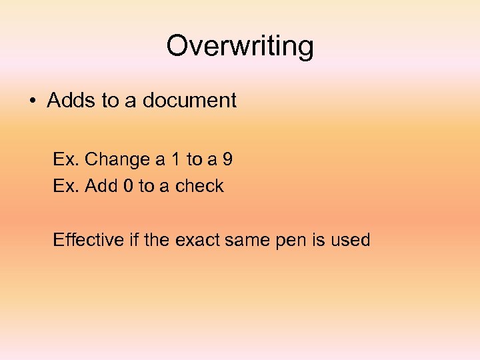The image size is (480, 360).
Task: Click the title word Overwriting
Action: pyautogui.click(x=239, y=47)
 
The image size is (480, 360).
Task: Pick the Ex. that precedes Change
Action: pyautogui.click(x=67, y=160)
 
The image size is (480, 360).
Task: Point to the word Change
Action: pyautogui.click(x=118, y=160)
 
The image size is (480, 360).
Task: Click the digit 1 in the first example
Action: pyautogui.click(x=174, y=160)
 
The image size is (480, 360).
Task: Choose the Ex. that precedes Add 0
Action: pyautogui.click(x=67, y=186)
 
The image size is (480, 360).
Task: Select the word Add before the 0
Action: pyautogui.click(x=102, y=186)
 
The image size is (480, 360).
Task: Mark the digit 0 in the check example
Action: pyautogui.click(x=129, y=186)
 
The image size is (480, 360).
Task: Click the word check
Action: pyautogui.click(x=199, y=186)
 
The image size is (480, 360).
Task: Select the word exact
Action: pyautogui.click(x=199, y=239)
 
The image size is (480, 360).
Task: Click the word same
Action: pyautogui.click(x=249, y=239)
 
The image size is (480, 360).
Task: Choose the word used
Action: pyautogui.click(x=349, y=239)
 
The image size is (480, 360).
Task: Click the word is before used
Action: pyautogui.click(x=317, y=239)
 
